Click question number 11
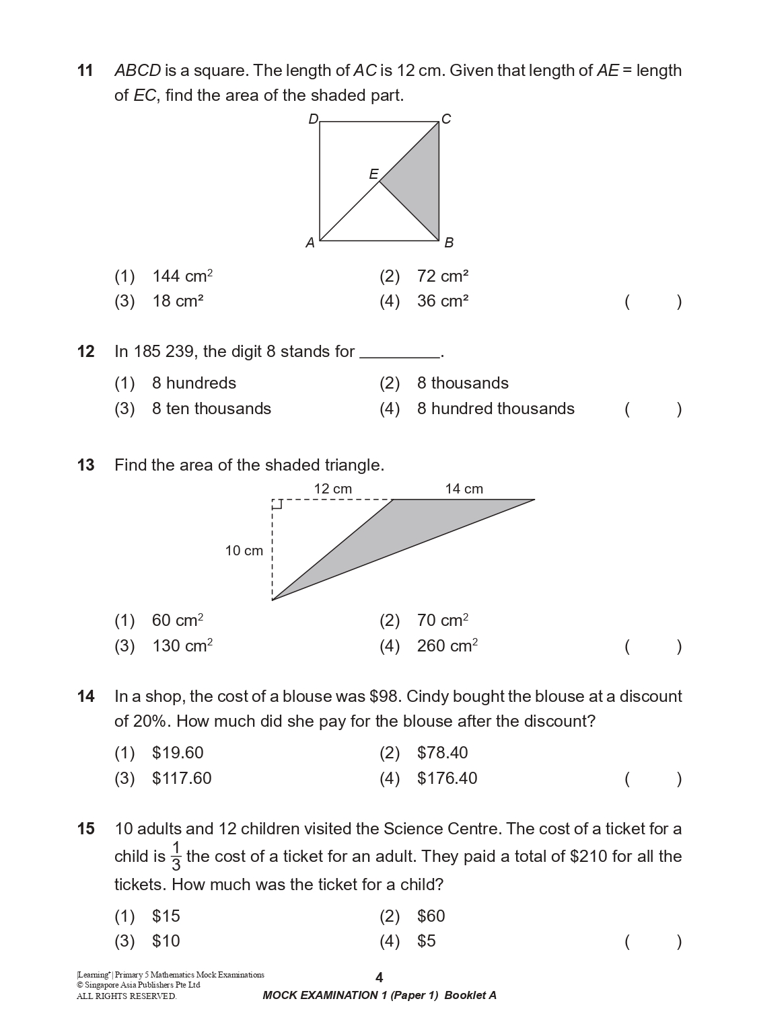click(85, 71)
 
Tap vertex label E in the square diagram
click(373, 174)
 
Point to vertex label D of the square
click(313, 120)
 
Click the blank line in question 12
click(400, 353)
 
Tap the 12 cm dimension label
click(332, 489)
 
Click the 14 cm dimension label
click(464, 489)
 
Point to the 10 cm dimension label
click(244, 551)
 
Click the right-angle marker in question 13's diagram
click(277, 504)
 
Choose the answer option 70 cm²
click(442, 620)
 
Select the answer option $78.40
click(442, 753)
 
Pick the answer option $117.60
click(182, 779)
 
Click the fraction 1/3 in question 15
click(176, 856)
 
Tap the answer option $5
click(426, 941)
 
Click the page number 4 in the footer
click(379, 978)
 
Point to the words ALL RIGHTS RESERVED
click(127, 996)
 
